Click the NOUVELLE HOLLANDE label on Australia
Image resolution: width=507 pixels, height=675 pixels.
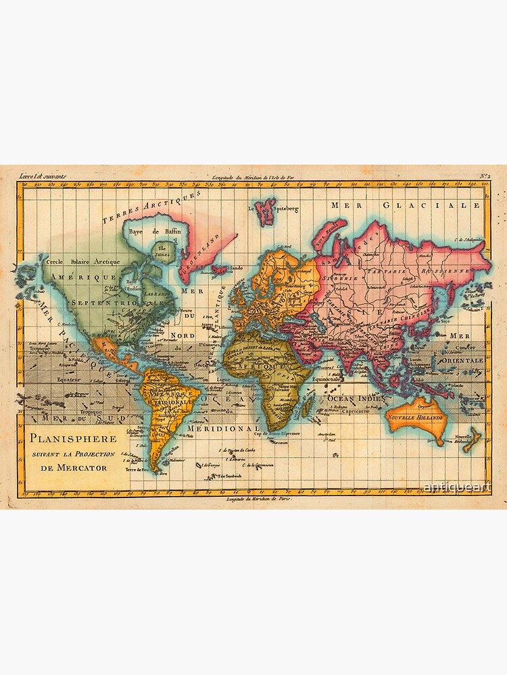(x=417, y=417)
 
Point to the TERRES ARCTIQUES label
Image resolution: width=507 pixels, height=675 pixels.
(x=153, y=207)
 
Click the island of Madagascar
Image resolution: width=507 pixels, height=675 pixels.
(x=308, y=407)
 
